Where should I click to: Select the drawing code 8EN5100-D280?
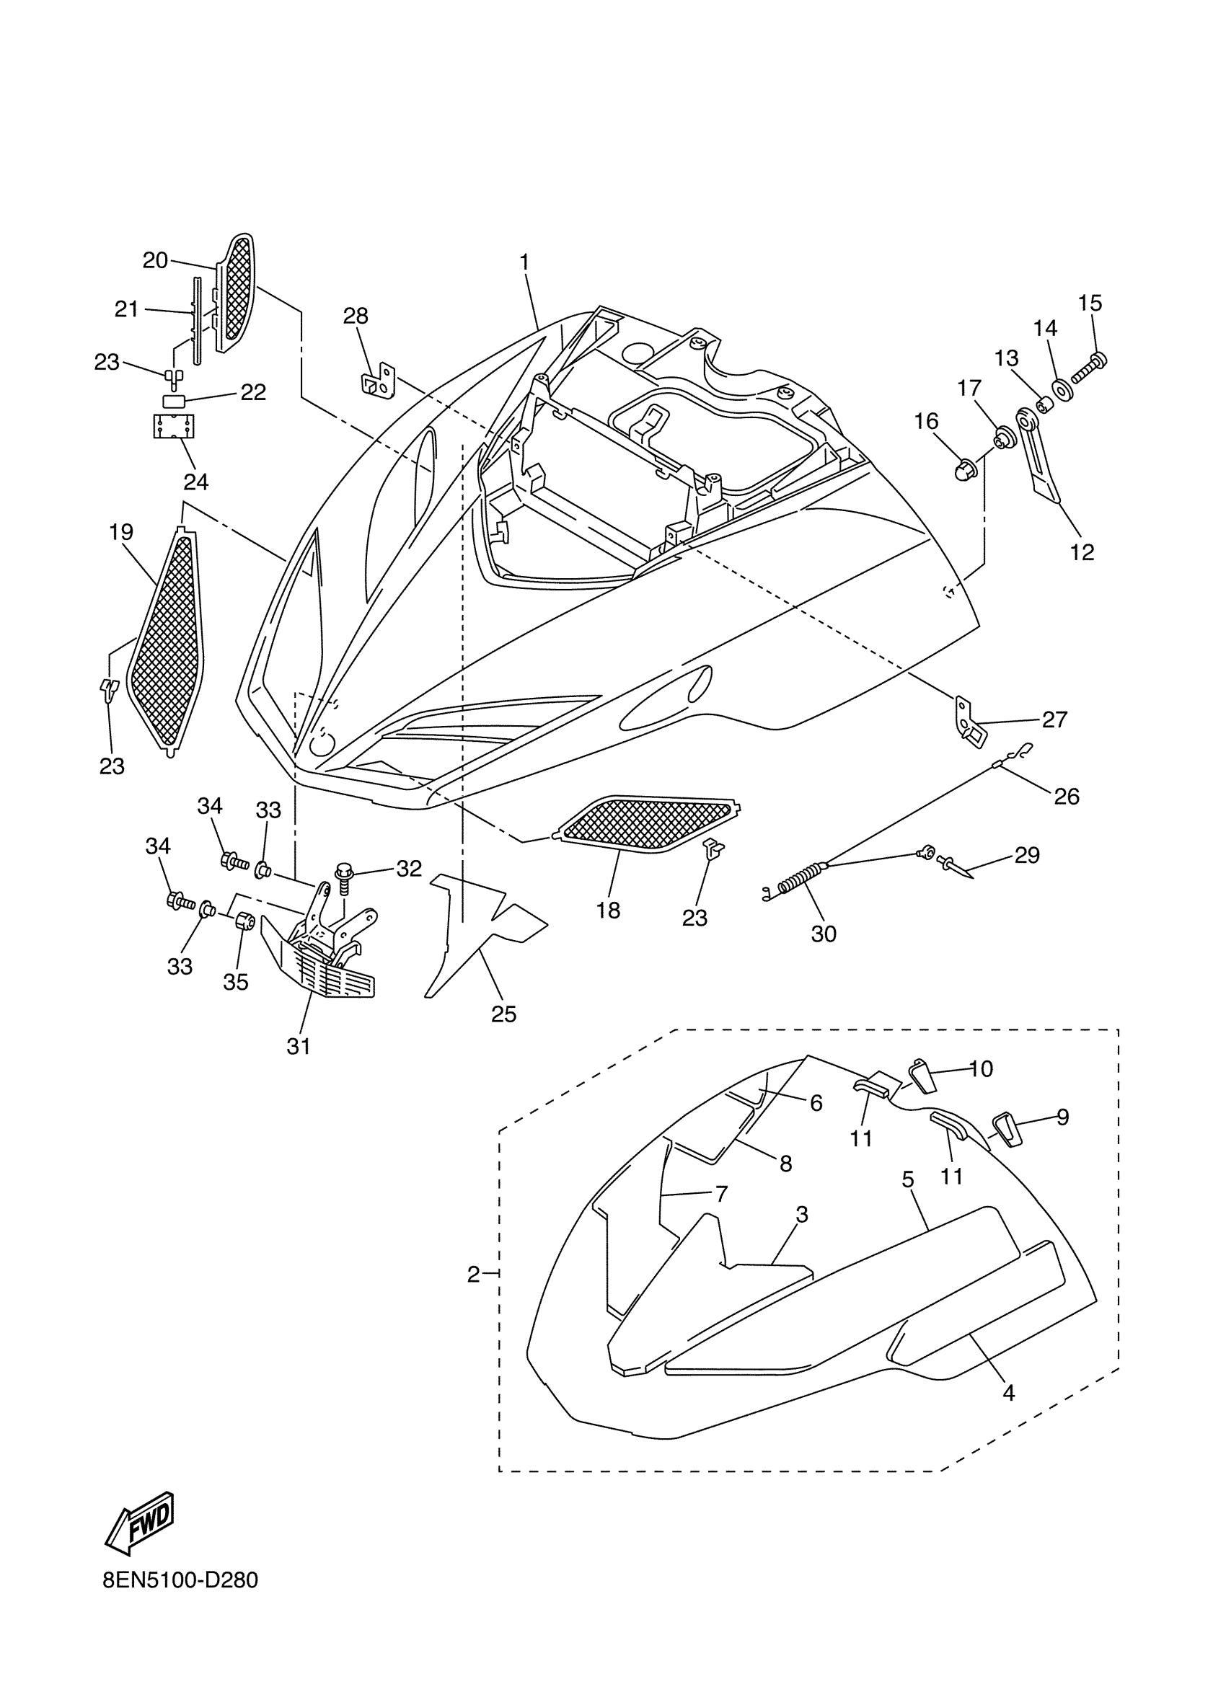(180, 1600)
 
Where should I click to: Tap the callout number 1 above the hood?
(524, 262)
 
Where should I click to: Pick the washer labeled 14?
(1059, 389)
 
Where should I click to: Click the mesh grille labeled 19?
(165, 642)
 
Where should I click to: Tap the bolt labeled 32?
(345, 877)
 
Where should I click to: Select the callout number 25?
(503, 1014)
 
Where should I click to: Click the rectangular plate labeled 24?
(173, 427)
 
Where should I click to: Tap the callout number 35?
(236, 982)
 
